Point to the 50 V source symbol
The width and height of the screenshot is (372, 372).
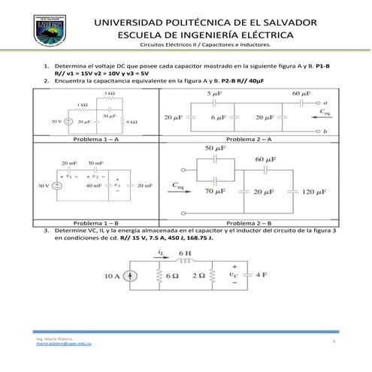pos(68,120)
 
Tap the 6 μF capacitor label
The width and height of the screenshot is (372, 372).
pos(219,118)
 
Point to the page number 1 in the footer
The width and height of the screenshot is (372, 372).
pos(332,342)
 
